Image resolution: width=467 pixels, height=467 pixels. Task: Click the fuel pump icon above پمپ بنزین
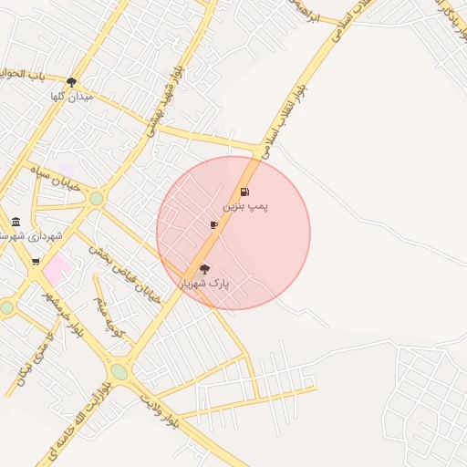point(244,192)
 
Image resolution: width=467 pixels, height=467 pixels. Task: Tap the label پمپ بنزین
point(246,207)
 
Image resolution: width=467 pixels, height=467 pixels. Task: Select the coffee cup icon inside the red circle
point(213,224)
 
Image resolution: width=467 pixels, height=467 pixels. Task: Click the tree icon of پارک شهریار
point(203,269)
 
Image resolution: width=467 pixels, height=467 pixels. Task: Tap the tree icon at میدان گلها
point(72,82)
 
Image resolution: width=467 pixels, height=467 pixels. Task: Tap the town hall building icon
point(16,222)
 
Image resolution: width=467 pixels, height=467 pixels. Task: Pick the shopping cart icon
point(36,262)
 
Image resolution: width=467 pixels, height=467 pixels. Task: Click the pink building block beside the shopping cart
point(57,268)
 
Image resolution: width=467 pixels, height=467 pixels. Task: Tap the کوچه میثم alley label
point(110,306)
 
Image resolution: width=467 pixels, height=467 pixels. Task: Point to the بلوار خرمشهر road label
point(64,312)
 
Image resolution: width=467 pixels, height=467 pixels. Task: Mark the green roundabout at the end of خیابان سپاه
point(96,198)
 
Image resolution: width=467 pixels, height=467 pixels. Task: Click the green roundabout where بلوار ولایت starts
point(119,371)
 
